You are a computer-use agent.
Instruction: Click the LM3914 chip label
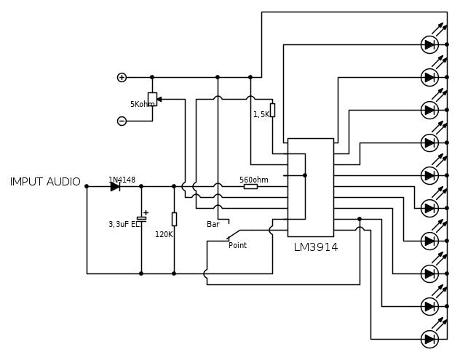[x=316, y=247]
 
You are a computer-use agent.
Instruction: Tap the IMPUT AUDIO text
[x=45, y=182]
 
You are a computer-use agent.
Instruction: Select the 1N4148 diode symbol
[x=115, y=186]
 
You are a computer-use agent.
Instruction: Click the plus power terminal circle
[x=122, y=77]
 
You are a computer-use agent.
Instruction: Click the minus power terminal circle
[x=122, y=121]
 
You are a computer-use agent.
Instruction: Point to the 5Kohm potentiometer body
[x=152, y=99]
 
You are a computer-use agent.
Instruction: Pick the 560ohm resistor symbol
[x=250, y=186]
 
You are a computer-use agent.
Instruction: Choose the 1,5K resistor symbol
[x=272, y=110]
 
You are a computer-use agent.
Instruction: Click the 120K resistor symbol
[x=174, y=218]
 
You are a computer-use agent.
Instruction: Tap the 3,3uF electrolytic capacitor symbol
[x=141, y=217]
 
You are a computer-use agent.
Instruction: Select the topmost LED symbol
[x=429, y=44]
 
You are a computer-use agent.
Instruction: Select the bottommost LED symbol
[x=429, y=339]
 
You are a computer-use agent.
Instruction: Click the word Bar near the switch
[x=213, y=225]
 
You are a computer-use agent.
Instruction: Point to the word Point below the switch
[x=237, y=246]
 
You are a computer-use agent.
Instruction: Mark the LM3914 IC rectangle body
[x=311, y=187]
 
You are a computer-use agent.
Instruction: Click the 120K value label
[x=164, y=235]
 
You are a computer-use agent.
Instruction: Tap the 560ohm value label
[x=253, y=180]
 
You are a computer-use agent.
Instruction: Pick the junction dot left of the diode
[x=87, y=186]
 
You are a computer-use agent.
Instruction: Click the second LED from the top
[x=429, y=77]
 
